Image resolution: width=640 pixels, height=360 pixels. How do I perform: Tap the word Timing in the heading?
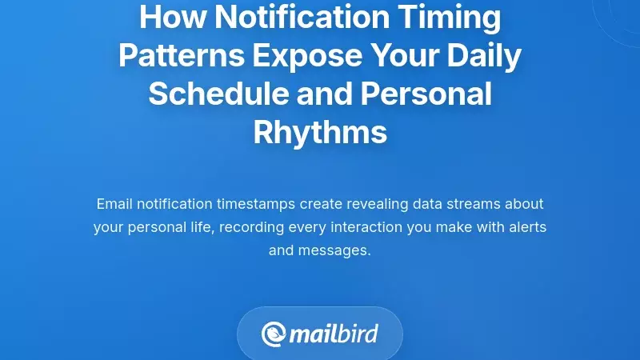454,17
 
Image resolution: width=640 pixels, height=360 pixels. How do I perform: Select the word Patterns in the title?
181,55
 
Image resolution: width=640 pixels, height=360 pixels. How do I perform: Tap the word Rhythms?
320,132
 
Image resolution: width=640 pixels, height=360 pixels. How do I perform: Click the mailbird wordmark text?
334,334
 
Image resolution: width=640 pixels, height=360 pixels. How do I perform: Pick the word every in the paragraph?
303,227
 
